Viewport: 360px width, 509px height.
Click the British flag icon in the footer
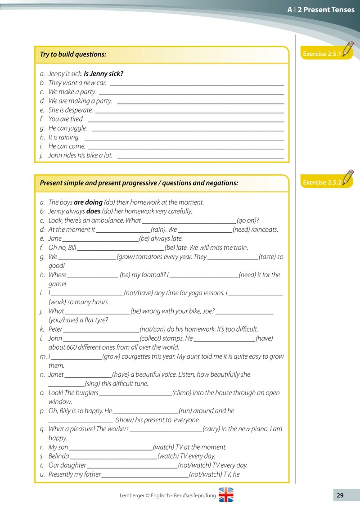pos(226,495)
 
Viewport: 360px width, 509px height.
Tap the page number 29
pos(340,495)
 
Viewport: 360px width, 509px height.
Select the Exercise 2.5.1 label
pos(322,54)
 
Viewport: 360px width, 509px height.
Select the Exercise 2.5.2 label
pos(322,182)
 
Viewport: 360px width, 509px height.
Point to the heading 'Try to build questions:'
pos(73,54)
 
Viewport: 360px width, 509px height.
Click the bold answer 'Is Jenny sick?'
pos(103,74)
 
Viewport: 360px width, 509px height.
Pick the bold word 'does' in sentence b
pos(93,211)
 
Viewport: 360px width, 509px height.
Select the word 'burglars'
pos(87,392)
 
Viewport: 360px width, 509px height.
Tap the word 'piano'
pos(261,429)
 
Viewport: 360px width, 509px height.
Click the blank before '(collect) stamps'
pos(101,339)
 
